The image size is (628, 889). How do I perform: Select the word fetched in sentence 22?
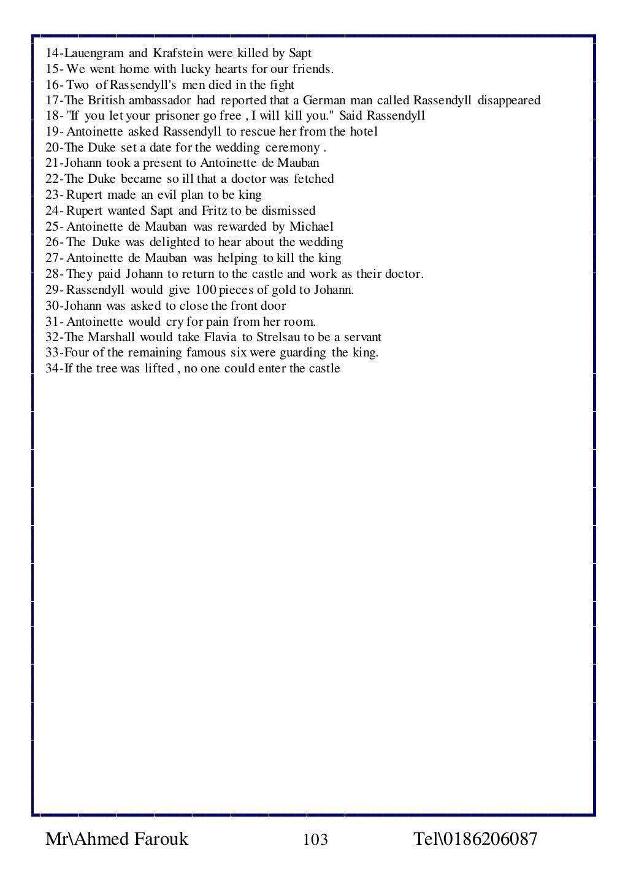(313, 179)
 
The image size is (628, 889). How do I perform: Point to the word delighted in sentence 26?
(175, 242)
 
